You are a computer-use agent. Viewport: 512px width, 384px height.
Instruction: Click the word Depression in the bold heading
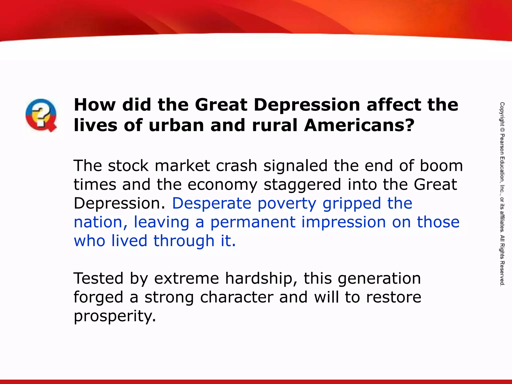tap(307, 105)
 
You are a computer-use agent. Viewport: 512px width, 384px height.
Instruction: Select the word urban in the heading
tap(176, 125)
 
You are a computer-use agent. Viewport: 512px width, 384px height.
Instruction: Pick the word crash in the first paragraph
tap(236, 166)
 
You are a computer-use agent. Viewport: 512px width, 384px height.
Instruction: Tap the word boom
tap(441, 166)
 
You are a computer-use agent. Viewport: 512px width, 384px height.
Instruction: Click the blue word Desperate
tap(212, 203)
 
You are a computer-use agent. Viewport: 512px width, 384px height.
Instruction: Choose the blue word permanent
tap(253, 222)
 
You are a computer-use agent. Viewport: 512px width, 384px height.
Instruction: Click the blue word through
tap(184, 241)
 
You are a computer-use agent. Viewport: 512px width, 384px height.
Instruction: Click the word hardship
tap(259, 279)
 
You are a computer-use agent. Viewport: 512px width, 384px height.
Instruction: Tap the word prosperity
tap(115, 316)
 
